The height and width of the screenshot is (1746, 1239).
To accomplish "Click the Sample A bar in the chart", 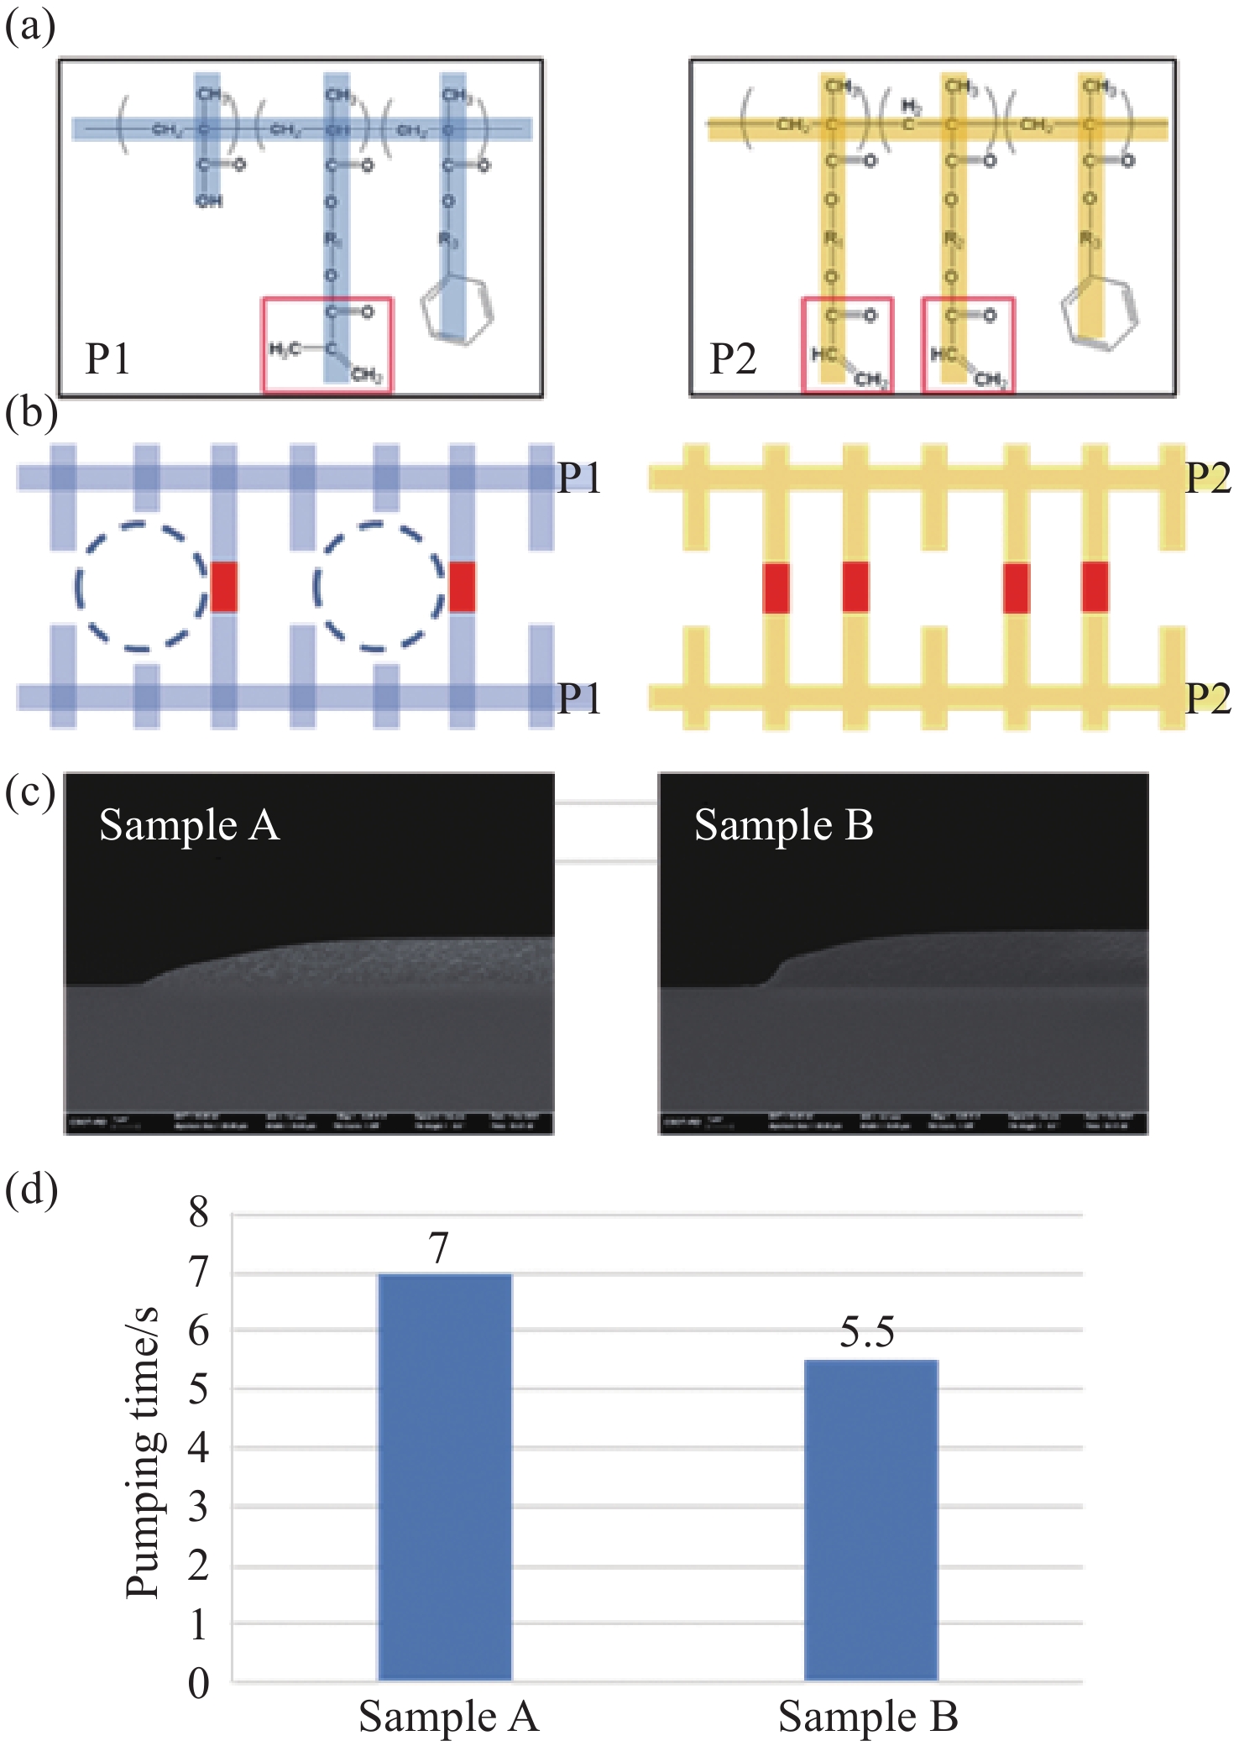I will coord(445,1477).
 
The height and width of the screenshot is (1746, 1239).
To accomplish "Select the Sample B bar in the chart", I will coord(870,1519).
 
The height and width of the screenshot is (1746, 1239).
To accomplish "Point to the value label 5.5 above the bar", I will coord(867,1332).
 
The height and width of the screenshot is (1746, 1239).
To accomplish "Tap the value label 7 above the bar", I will coord(439,1248).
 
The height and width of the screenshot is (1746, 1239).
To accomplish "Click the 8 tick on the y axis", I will coord(198,1213).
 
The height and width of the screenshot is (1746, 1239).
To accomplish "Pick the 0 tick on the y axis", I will coord(198,1682).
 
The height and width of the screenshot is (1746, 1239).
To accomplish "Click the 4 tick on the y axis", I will coord(198,1447).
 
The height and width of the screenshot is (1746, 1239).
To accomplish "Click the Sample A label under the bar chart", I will coord(448,1716).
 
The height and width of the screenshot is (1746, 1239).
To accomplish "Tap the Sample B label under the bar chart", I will coord(868,1716).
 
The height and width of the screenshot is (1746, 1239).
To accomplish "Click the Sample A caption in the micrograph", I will coord(189,825).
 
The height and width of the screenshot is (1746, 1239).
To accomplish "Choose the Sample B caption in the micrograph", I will coord(783,825).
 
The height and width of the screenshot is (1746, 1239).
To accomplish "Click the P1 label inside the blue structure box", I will coord(107,359).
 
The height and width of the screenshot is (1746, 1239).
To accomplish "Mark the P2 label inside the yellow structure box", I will coord(733,359).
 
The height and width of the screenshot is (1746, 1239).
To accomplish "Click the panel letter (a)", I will coord(30,27).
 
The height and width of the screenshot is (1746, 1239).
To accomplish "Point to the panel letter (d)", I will coord(31,1189).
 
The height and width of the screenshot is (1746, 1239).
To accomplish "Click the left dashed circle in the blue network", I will coord(140,586).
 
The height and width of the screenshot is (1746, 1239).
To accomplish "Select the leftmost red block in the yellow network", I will coord(776,588).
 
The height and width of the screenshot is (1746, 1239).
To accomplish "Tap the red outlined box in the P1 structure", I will coord(327,344).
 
